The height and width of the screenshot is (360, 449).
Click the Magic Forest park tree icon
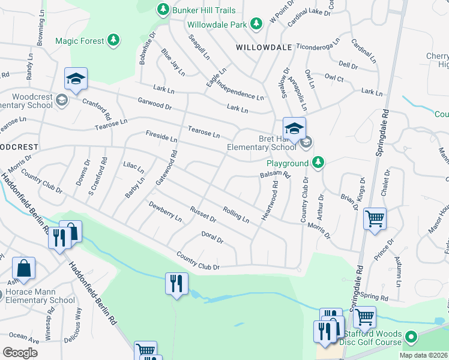[x=113, y=40]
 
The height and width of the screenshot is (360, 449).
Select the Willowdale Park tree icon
[x=257, y=23]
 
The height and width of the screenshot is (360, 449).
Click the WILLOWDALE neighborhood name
[x=264, y=47]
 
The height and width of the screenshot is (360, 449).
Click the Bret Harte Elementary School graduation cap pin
[x=294, y=129]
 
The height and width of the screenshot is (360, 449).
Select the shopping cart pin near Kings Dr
[x=375, y=220]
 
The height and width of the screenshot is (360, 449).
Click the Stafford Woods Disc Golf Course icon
[x=411, y=337]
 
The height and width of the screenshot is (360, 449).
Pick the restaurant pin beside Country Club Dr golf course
[x=176, y=284]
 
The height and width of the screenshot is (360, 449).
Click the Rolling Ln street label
[x=236, y=214]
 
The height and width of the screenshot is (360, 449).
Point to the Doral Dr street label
[x=212, y=238]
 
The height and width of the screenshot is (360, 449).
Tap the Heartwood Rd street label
[x=270, y=205]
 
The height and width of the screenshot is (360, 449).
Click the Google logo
[x=20, y=353]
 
